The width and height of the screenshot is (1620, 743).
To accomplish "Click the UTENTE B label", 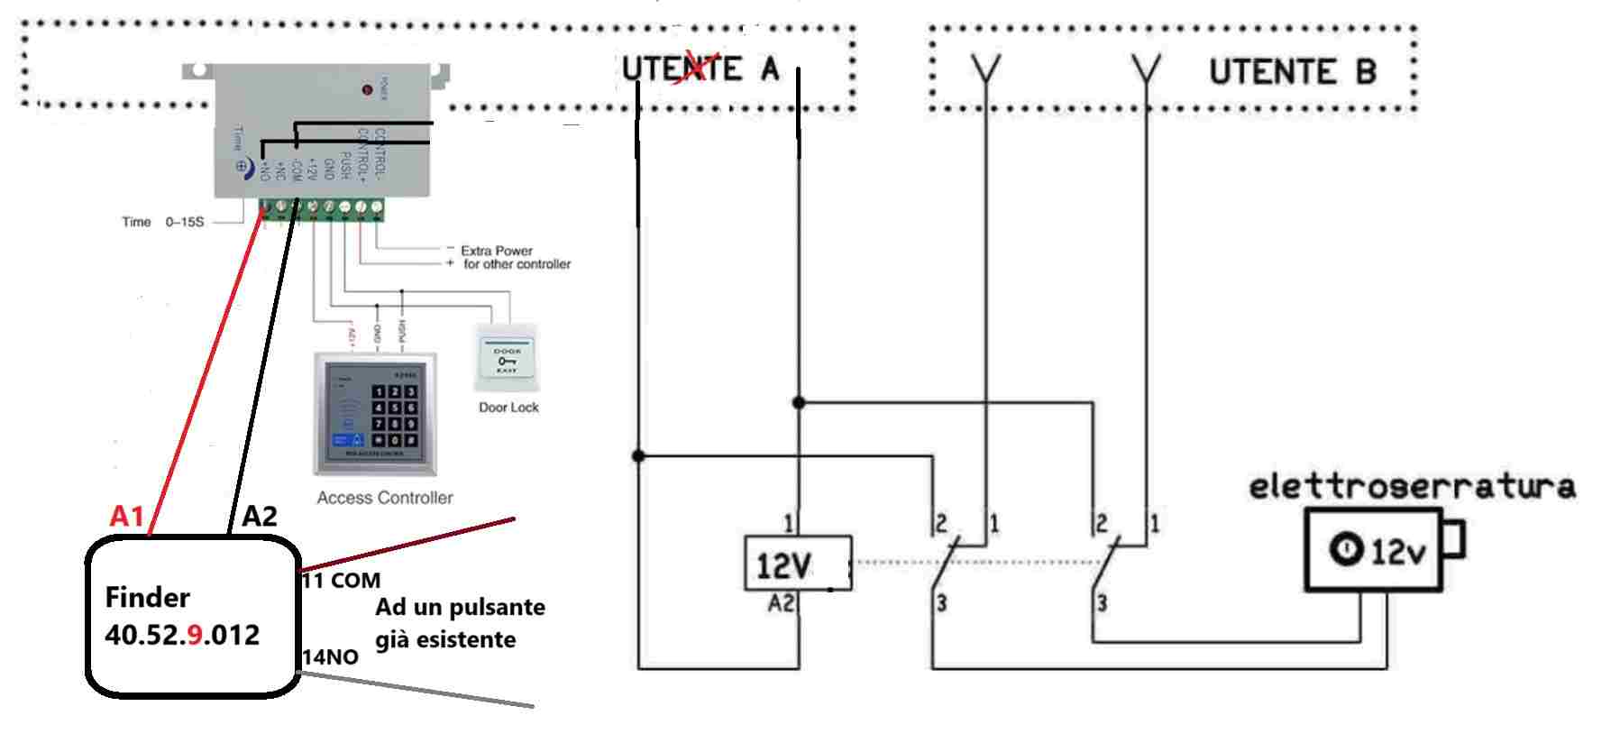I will pos(1292,72).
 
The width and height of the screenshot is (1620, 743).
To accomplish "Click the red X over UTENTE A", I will pos(692,68).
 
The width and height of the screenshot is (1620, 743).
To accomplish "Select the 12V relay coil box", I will pos(797,564).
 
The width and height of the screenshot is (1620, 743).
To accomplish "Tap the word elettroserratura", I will pos(1411,487).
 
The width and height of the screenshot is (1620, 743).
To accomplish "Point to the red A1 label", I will pos(126,516).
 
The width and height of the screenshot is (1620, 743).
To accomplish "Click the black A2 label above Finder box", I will pos(260,516).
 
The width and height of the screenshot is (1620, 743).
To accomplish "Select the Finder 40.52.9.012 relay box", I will pos(192,617).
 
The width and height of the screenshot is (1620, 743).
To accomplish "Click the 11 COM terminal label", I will pos(342,580).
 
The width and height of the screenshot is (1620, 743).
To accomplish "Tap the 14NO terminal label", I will pos(330,656).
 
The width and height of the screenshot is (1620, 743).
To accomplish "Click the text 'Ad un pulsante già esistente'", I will pos(459,623).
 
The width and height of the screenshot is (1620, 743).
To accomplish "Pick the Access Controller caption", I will pos(385,498).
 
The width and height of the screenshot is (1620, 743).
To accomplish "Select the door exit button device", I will pos(507,358).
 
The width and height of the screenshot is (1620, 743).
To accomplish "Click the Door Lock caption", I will pos(508,408).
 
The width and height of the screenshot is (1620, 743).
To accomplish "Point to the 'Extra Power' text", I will pos(497,251).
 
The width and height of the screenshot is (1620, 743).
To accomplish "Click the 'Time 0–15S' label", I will pos(163,222).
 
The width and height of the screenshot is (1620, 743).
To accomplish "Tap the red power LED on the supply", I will pos(367,89).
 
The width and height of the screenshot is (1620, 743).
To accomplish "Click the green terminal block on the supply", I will pos(321,208).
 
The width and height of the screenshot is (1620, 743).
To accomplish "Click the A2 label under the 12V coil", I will pos(781,603).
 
